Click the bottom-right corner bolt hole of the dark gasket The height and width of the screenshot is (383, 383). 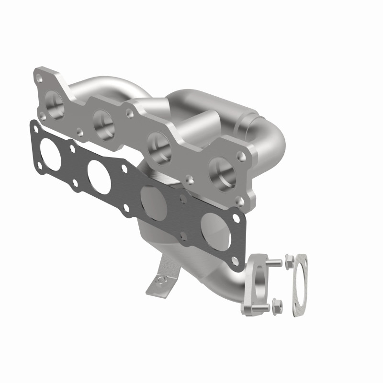[234, 261]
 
